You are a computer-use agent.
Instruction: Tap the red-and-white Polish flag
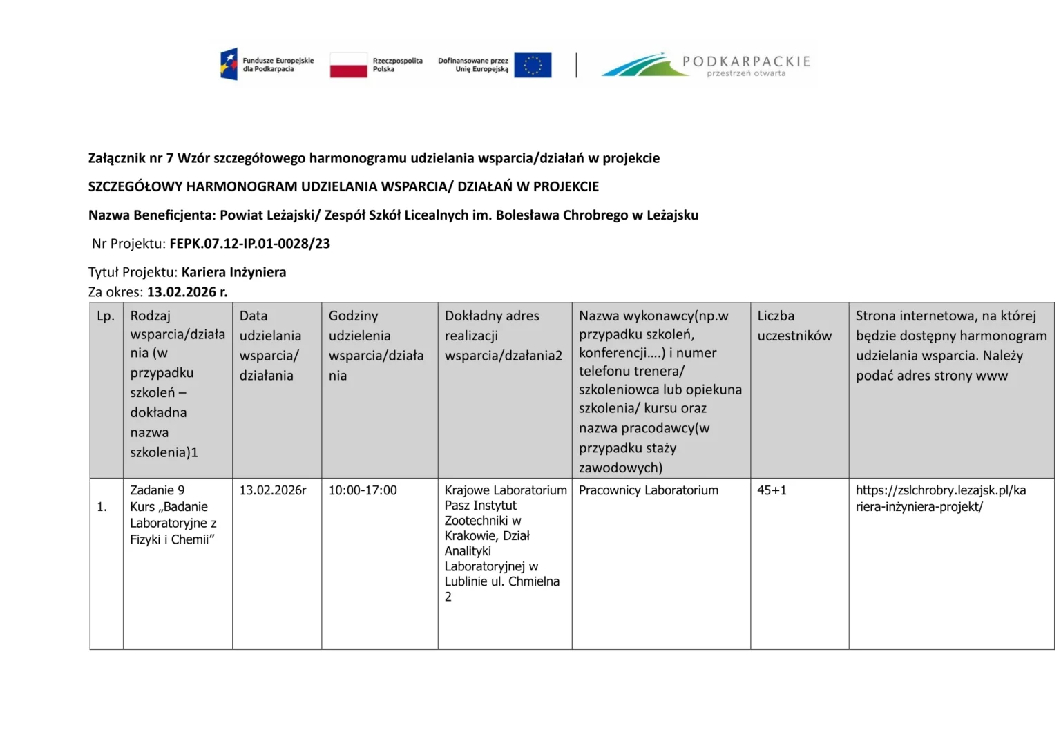pyautogui.click(x=348, y=65)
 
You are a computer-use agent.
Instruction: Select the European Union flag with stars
pyautogui.click(x=533, y=65)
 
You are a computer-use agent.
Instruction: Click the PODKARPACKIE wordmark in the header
pyautogui.click(x=746, y=61)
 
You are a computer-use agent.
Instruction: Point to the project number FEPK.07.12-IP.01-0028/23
pyautogui.click(x=249, y=243)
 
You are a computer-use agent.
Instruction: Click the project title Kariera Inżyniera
pyautogui.click(x=233, y=272)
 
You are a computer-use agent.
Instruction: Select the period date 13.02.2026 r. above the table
pyautogui.click(x=187, y=291)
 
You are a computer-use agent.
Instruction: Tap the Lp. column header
pyautogui.click(x=106, y=316)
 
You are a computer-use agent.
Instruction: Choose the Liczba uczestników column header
pyautogui.click(x=794, y=326)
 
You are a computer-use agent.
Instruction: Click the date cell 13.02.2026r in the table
pyautogui.click(x=273, y=490)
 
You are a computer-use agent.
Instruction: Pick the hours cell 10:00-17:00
pyautogui.click(x=363, y=490)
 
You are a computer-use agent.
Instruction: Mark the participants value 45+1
pyautogui.click(x=772, y=490)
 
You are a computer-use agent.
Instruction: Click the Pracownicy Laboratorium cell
pyautogui.click(x=648, y=490)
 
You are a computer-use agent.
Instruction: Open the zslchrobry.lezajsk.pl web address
pyautogui.click(x=940, y=499)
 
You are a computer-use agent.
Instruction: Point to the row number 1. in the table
pyautogui.click(x=102, y=507)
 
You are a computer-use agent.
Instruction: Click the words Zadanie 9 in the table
pyautogui.click(x=157, y=490)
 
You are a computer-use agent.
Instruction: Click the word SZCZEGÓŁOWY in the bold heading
pyautogui.click(x=135, y=186)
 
